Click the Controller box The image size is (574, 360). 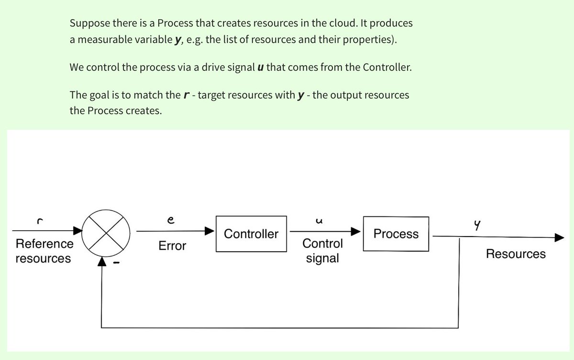coord(251,234)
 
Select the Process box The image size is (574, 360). coord(396,234)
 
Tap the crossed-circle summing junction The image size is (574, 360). coord(106,235)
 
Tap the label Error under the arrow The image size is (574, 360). coord(172,246)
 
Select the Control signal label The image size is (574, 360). coord(322,251)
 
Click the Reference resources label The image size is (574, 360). coord(44,251)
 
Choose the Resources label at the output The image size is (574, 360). coord(516,254)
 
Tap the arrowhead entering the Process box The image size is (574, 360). coord(357,231)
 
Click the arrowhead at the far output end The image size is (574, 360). coord(560,237)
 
